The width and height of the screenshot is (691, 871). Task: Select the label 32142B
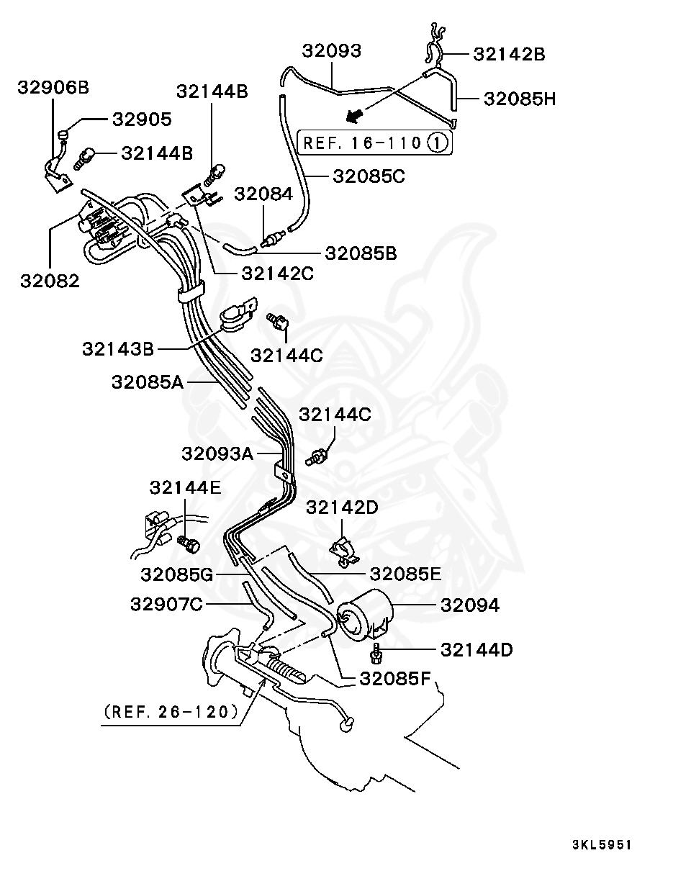point(509,53)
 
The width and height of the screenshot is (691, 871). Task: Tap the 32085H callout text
point(519,99)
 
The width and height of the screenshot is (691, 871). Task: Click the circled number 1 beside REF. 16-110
point(438,143)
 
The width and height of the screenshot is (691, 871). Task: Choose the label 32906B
point(53,88)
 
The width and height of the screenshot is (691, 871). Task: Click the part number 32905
point(140,119)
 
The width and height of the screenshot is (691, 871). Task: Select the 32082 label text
point(50,281)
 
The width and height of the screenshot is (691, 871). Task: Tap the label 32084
point(263,194)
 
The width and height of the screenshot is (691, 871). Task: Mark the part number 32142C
point(277,273)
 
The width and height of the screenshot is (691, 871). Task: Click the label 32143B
point(117,349)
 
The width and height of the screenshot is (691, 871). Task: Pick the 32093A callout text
point(217,453)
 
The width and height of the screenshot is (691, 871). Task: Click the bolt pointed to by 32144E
point(189,545)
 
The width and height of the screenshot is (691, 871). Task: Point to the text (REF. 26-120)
point(171,712)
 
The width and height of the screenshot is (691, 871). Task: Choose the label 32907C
point(166,604)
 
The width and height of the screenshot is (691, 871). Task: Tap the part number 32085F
point(394,678)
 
